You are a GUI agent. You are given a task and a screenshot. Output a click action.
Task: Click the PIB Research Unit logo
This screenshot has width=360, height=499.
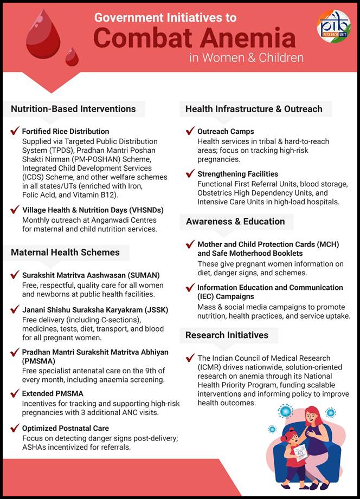[333, 25]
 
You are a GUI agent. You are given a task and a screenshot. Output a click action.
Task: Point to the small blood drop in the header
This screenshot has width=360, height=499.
[72, 56]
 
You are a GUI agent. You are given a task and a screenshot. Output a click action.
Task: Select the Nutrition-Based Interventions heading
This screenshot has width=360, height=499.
[73, 108]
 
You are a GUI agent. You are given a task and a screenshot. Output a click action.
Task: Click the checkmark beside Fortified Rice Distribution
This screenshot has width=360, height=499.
[15, 131]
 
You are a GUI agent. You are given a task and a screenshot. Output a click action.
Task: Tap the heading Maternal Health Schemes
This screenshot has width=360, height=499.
[66, 252]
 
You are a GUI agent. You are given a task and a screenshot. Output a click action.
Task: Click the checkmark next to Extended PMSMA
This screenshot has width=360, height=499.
[15, 393]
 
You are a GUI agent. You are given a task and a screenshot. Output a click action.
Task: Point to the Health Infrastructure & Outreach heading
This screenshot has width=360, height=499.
[254, 108]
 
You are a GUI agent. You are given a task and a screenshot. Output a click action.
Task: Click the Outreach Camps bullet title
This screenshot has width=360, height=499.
[226, 131]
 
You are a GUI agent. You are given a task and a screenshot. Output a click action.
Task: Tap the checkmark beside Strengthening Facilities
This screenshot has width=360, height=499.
[190, 174]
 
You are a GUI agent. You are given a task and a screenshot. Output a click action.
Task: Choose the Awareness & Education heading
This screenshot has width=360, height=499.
[235, 221]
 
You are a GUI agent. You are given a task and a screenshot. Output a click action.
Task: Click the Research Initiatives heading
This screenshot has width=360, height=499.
[227, 335]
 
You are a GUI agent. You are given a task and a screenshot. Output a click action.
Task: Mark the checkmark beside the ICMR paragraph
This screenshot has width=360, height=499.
[190, 358]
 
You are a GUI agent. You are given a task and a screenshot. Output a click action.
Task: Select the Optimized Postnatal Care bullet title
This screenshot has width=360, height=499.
[66, 428]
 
